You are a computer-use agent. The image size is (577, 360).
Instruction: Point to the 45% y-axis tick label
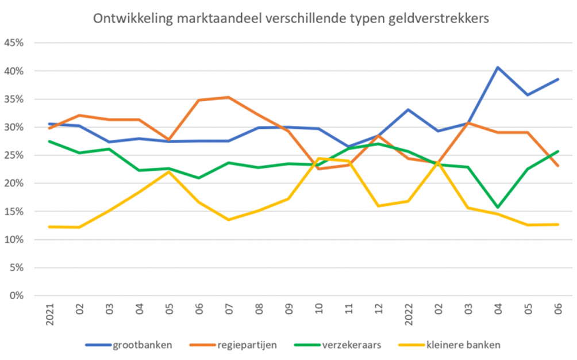pos(14,43)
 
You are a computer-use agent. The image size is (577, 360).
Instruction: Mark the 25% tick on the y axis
pos(14,155)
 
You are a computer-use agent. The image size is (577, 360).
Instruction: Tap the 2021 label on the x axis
pos(51,315)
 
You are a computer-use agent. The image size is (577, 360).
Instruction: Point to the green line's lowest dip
pos(498,207)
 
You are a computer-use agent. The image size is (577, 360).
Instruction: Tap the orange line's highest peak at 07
pos(229,97)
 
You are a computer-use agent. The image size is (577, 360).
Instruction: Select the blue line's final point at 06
pos(557,79)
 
